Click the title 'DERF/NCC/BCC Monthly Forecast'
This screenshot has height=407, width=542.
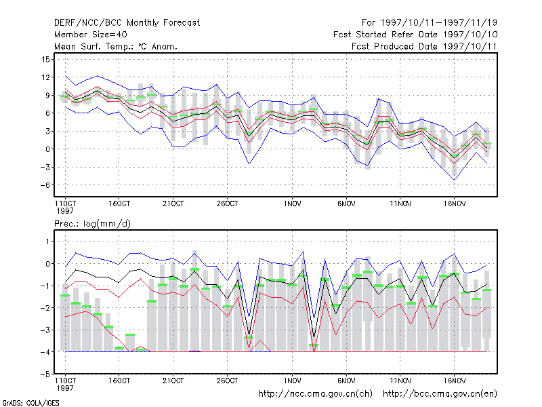(127, 23)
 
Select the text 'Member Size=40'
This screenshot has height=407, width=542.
(91, 35)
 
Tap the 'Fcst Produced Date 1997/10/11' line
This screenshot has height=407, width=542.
(424, 46)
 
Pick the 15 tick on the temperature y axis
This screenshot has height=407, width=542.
(45, 59)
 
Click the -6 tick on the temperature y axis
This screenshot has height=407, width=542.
(45, 185)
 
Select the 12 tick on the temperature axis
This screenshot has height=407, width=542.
(45, 77)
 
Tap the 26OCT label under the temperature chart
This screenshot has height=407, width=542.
(227, 204)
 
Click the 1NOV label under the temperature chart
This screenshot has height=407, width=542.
(292, 204)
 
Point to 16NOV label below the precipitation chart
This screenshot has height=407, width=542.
(454, 381)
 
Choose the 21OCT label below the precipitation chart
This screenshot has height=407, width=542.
(173, 381)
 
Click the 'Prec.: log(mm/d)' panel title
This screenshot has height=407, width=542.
(92, 224)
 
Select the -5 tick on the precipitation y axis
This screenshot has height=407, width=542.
(45, 374)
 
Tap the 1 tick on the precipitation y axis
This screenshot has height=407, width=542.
(47, 241)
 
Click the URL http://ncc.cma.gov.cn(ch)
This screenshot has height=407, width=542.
(315, 394)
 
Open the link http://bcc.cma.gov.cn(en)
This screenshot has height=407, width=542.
(440, 394)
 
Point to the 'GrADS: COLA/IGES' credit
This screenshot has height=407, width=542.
(30, 403)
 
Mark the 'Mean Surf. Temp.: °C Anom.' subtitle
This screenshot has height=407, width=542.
(116, 46)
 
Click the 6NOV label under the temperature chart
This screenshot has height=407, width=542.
(346, 204)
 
